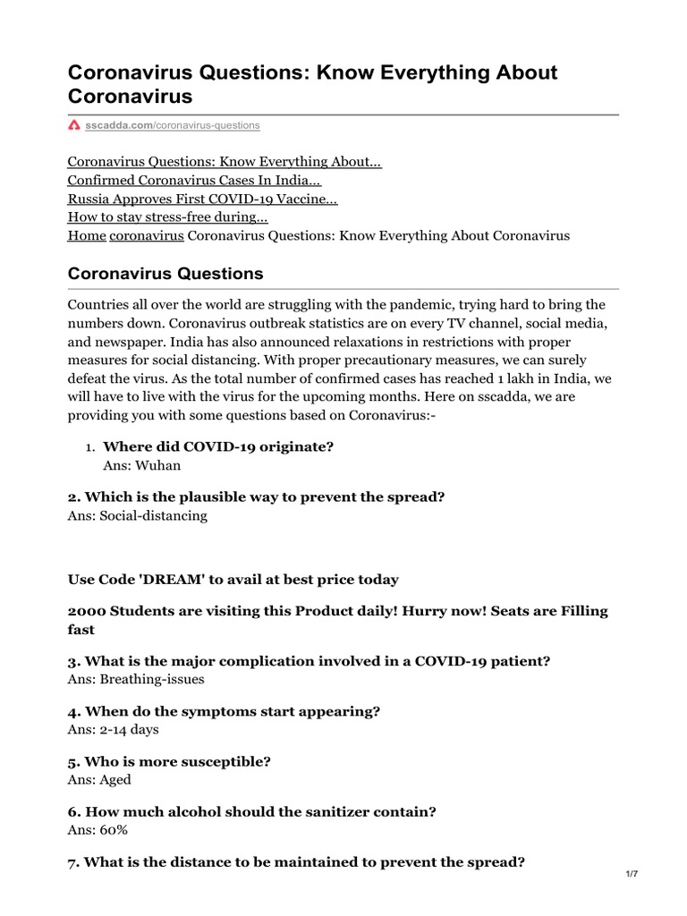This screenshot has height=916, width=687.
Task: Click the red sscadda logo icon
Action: [74, 126]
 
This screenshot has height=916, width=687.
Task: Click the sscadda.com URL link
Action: [173, 126]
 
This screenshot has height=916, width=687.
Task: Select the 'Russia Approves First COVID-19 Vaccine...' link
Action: [203, 199]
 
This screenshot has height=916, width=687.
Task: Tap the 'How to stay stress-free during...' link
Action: [168, 217]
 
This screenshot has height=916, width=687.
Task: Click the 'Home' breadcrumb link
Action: [87, 236]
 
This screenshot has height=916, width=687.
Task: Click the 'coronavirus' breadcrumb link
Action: [147, 236]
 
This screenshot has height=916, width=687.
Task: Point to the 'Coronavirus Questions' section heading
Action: [165, 273]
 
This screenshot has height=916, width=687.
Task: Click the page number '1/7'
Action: [632, 874]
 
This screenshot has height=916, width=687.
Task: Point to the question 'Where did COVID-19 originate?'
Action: [212, 446]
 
